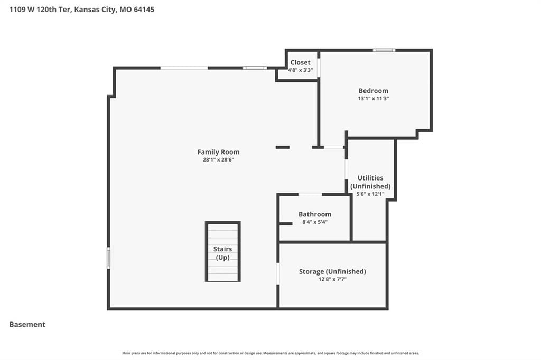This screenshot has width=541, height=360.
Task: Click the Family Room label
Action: pyautogui.click(x=218, y=151)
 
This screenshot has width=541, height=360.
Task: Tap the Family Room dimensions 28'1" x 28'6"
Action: pyautogui.click(x=218, y=159)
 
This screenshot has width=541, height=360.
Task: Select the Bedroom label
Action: pyautogui.click(x=374, y=91)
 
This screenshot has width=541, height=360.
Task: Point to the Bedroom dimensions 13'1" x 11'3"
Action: pyautogui.click(x=374, y=98)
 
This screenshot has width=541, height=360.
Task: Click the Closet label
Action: pyautogui.click(x=300, y=62)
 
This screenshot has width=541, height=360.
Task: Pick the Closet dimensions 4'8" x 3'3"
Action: pyautogui.click(x=300, y=70)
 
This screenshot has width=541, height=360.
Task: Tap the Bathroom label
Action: pyautogui.click(x=315, y=214)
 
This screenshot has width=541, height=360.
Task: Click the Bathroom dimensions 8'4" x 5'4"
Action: pyautogui.click(x=315, y=222)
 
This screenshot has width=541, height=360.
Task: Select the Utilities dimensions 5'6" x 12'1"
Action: pyautogui.click(x=370, y=194)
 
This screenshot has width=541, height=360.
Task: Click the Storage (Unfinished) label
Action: pyautogui.click(x=332, y=271)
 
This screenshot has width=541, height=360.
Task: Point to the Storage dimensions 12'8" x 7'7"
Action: pyautogui.click(x=332, y=279)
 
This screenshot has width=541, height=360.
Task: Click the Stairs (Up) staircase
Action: pyautogui.click(x=223, y=252)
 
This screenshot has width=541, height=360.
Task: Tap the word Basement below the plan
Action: pyautogui.click(x=27, y=325)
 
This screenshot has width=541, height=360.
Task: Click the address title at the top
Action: pyautogui.click(x=82, y=10)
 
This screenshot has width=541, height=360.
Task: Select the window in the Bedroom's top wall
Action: pyautogui.click(x=384, y=50)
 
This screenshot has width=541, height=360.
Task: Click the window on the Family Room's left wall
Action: pyautogui.click(x=108, y=258)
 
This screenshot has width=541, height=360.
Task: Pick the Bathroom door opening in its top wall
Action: pyautogui.click(x=310, y=194)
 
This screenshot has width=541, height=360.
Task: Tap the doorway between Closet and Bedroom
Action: pyautogui.click(x=319, y=68)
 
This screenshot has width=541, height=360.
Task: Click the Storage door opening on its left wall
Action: pyautogui.click(x=278, y=274)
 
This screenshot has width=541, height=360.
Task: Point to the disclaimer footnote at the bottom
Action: pyautogui.click(x=270, y=353)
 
